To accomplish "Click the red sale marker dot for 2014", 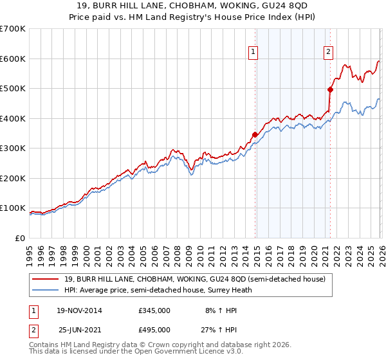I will [255, 134].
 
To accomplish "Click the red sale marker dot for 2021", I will [330, 90].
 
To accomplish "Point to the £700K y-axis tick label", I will [13, 29].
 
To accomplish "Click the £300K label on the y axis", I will [13, 148].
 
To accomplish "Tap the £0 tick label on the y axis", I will [21, 238].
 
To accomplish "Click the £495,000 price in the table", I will [154, 330].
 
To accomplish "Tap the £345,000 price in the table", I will [154, 310].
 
